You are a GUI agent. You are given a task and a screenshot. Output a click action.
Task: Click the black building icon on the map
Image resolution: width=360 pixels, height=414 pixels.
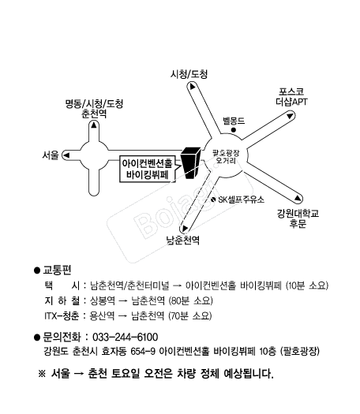tap(191, 162)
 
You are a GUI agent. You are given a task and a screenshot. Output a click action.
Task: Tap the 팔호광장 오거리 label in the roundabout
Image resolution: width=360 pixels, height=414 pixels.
tap(226, 157)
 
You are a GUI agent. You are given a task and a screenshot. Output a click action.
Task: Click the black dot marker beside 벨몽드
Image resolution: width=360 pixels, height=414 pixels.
tap(234, 130)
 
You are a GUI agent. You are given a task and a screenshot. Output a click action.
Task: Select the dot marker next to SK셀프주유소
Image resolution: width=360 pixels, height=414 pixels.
tap(213, 200)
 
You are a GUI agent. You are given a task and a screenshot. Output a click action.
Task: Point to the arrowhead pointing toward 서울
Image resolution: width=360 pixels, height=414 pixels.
tap(66, 155)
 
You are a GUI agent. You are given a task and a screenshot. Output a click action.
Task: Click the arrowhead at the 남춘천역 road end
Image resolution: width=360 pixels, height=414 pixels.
tap(185, 228)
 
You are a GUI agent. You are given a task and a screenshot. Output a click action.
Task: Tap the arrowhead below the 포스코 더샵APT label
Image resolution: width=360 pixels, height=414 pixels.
tap(290, 116)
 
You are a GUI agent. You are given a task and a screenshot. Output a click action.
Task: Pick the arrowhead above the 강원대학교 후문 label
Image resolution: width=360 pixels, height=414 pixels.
tap(298, 198)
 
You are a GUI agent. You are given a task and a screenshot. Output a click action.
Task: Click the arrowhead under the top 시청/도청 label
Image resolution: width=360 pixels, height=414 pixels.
tap(192, 86)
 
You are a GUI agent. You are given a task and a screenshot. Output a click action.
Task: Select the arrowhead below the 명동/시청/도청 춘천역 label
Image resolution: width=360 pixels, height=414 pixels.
tap(94, 125)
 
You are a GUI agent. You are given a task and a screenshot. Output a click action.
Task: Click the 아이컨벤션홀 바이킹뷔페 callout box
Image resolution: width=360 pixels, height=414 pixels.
tap(148, 169)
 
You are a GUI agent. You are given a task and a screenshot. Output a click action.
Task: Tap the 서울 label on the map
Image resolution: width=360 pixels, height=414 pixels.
tap(51, 155)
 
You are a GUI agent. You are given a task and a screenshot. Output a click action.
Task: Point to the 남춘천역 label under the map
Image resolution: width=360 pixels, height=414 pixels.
tap(182, 241)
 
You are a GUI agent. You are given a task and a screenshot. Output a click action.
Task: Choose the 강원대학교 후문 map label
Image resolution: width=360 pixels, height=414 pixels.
tap(298, 218)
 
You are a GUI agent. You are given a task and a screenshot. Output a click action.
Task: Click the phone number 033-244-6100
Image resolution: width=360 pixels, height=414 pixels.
tap(126, 338)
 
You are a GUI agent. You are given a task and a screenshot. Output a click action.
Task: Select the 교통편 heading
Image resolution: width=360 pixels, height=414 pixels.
tap(57, 270)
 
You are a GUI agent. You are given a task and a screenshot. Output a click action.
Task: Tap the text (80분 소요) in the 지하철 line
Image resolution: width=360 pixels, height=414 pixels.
tap(190, 300)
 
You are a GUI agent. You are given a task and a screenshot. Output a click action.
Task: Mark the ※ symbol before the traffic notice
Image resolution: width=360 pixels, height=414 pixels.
tap(42, 374)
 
